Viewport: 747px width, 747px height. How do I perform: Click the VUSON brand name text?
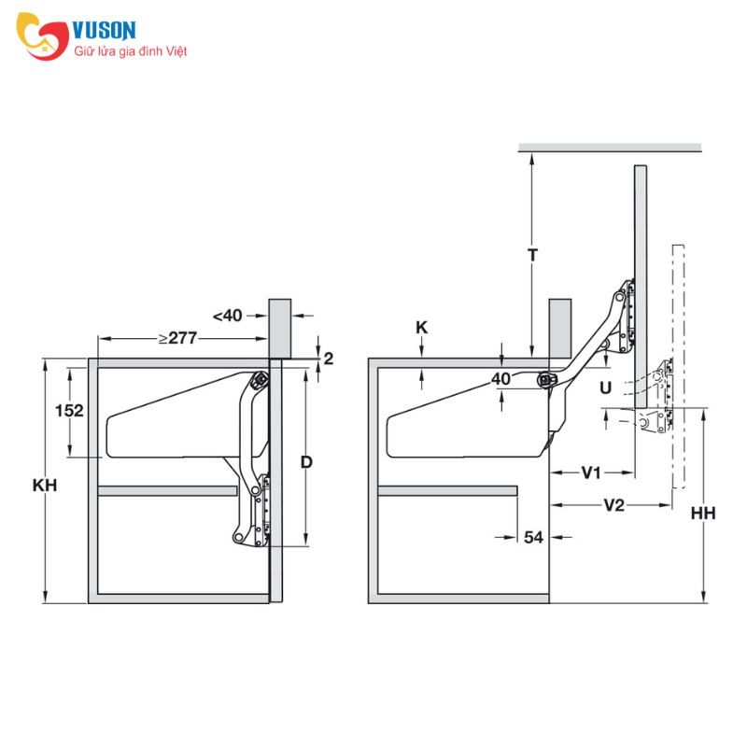click(x=104, y=31)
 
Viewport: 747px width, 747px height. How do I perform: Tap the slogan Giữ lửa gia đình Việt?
click(x=130, y=51)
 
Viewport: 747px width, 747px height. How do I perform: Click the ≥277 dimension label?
click(x=177, y=338)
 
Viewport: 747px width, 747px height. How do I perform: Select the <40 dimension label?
click(x=227, y=316)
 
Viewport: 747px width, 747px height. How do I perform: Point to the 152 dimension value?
click(x=69, y=411)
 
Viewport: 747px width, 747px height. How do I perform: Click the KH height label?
click(x=45, y=485)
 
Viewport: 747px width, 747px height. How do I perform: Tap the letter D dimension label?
click(x=306, y=461)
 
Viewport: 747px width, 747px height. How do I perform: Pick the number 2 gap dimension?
click(x=329, y=359)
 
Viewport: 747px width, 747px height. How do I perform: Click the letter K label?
click(x=422, y=328)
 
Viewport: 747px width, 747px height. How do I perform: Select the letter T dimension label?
click(x=532, y=255)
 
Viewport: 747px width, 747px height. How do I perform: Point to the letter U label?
click(x=605, y=388)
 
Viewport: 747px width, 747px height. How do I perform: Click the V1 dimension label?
click(x=591, y=473)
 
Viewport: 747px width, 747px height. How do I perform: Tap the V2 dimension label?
click(x=613, y=505)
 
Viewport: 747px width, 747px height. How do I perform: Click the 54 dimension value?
click(x=533, y=538)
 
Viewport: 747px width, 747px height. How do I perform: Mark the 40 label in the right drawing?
click(x=500, y=379)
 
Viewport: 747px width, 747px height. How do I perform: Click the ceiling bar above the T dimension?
click(x=610, y=148)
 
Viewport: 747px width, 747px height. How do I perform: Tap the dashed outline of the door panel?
click(x=679, y=367)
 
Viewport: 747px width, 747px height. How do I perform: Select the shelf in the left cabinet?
click(x=167, y=491)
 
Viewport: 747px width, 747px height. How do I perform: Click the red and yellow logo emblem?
click(x=43, y=36)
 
